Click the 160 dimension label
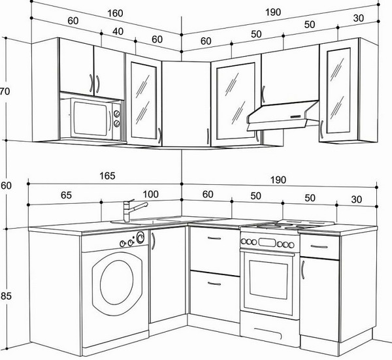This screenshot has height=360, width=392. (115, 13)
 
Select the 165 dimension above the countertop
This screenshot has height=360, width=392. (107, 176)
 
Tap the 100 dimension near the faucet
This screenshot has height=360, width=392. (150, 194)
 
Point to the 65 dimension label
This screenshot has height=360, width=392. (66, 195)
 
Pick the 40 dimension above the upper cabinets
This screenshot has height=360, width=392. (118, 31)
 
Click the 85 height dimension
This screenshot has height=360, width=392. (6, 296)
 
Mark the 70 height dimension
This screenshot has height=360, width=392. (5, 91)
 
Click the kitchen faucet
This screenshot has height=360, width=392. (133, 210)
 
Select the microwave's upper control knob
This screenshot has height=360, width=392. (117, 114)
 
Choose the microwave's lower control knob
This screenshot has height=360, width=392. (117, 123)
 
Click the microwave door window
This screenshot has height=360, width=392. (91, 119)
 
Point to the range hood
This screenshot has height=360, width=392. (283, 116)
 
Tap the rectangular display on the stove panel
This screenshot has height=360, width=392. (267, 242)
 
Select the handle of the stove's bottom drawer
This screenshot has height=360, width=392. (269, 332)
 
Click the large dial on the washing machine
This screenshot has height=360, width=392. (140, 237)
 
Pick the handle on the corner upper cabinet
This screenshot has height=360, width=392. (208, 137)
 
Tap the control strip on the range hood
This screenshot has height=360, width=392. (295, 117)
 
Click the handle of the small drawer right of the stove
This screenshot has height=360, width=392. (319, 247)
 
